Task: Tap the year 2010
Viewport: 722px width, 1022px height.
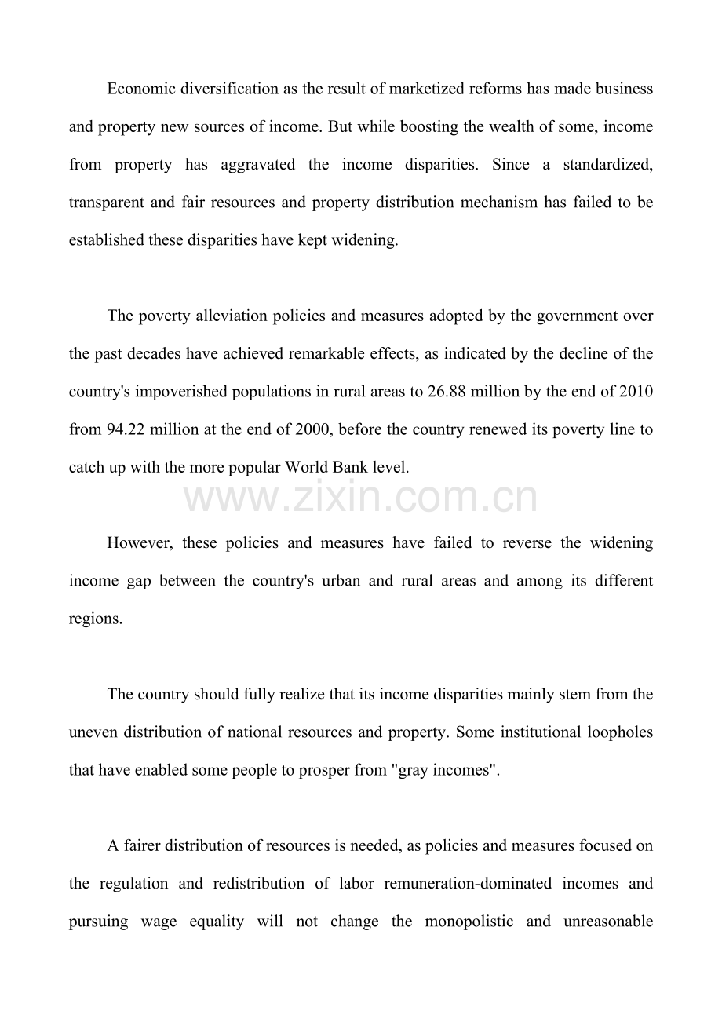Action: [636, 392]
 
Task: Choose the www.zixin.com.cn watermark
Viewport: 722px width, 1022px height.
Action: [361, 498]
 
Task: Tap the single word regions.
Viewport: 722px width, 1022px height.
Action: [95, 619]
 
